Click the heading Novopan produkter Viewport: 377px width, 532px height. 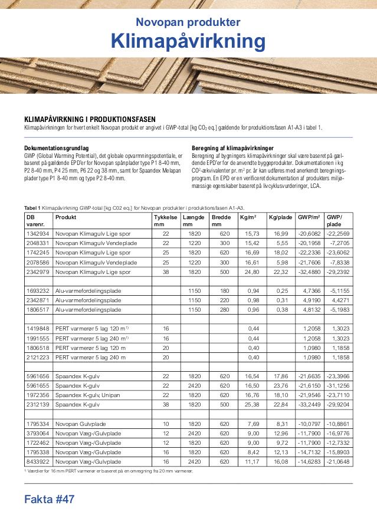click(x=188, y=22)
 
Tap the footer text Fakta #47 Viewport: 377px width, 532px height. click(x=50, y=500)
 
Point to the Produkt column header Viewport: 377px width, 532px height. click(x=65, y=217)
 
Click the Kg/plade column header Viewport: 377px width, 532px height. click(x=280, y=217)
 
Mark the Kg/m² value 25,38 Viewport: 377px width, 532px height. click(x=251, y=405)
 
